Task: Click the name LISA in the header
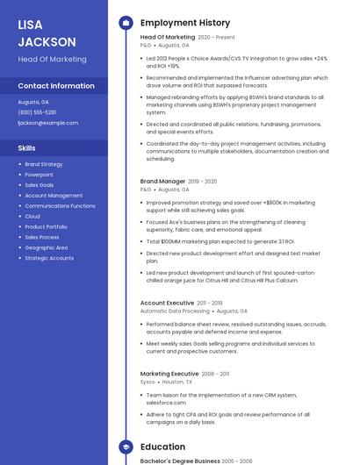pos(31,25)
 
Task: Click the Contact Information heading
pos(56,86)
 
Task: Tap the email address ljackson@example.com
pos(48,123)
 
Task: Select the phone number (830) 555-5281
pos(37,112)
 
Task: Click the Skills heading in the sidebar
pos(27,148)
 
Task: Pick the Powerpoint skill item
pos(39,175)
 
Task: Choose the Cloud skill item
pos(32,217)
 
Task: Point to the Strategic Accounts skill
pos(49,259)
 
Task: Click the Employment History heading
pos(185,23)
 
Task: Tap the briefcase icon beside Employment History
pos(126,23)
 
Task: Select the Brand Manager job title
pos(162,182)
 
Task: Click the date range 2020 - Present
pos(217,38)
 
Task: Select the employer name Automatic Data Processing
pos(175,311)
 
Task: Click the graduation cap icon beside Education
pos(126,447)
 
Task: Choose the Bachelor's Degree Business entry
pos(180,461)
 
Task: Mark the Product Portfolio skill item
pos(46,227)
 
